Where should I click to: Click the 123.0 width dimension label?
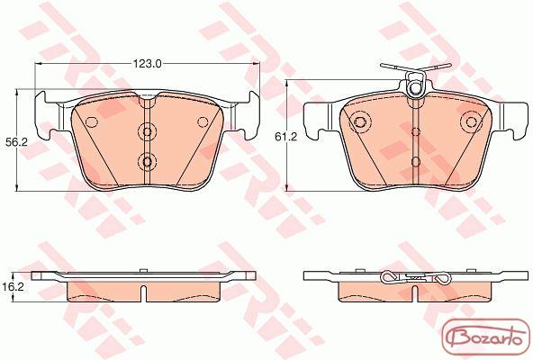click(x=147, y=64)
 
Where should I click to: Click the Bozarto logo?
click(x=486, y=338)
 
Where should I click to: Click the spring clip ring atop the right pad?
click(x=415, y=87)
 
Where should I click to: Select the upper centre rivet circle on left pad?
click(x=147, y=131)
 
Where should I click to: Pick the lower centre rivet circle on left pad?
click(x=147, y=161)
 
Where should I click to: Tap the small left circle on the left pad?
click(x=92, y=122)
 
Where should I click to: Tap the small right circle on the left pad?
click(x=203, y=122)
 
